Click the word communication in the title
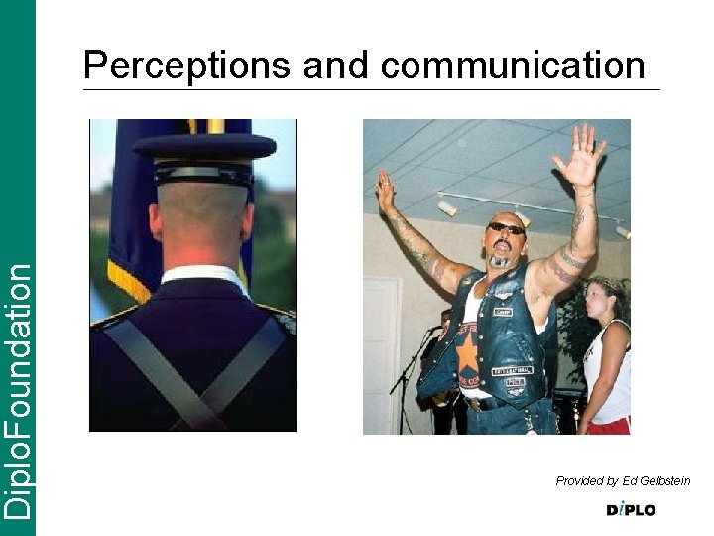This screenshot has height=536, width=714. click(x=513, y=67)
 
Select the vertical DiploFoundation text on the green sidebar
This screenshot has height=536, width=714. click(x=17, y=387)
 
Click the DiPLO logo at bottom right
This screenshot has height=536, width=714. click(x=631, y=510)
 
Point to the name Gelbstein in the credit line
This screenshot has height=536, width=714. click(x=664, y=481)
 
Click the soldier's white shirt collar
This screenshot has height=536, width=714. click(x=205, y=274)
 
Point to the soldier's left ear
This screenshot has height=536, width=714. click(x=156, y=220)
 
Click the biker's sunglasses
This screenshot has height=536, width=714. click(x=506, y=229)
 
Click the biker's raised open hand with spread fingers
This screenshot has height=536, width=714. click(x=582, y=157)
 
